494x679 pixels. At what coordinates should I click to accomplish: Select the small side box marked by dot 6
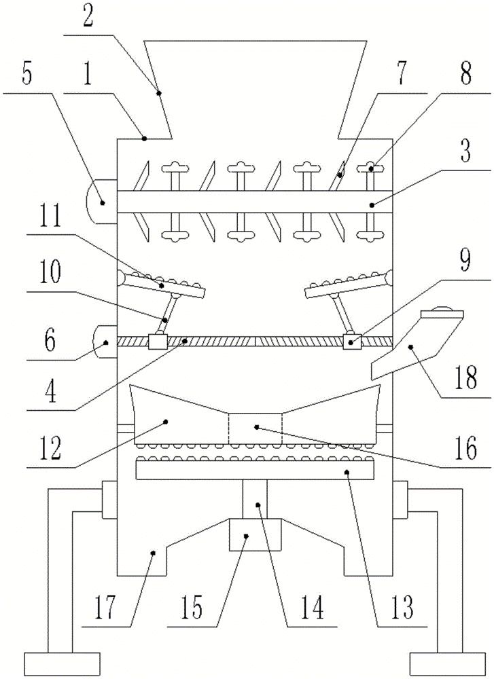105,342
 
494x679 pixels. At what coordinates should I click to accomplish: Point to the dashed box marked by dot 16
255,428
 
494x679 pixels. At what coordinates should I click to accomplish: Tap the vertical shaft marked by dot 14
255,499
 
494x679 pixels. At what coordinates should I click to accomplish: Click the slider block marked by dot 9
351,342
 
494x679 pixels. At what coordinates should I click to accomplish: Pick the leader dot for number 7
340,176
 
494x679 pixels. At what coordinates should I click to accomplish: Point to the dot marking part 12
165,421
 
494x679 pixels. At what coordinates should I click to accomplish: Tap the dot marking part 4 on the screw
185,342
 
